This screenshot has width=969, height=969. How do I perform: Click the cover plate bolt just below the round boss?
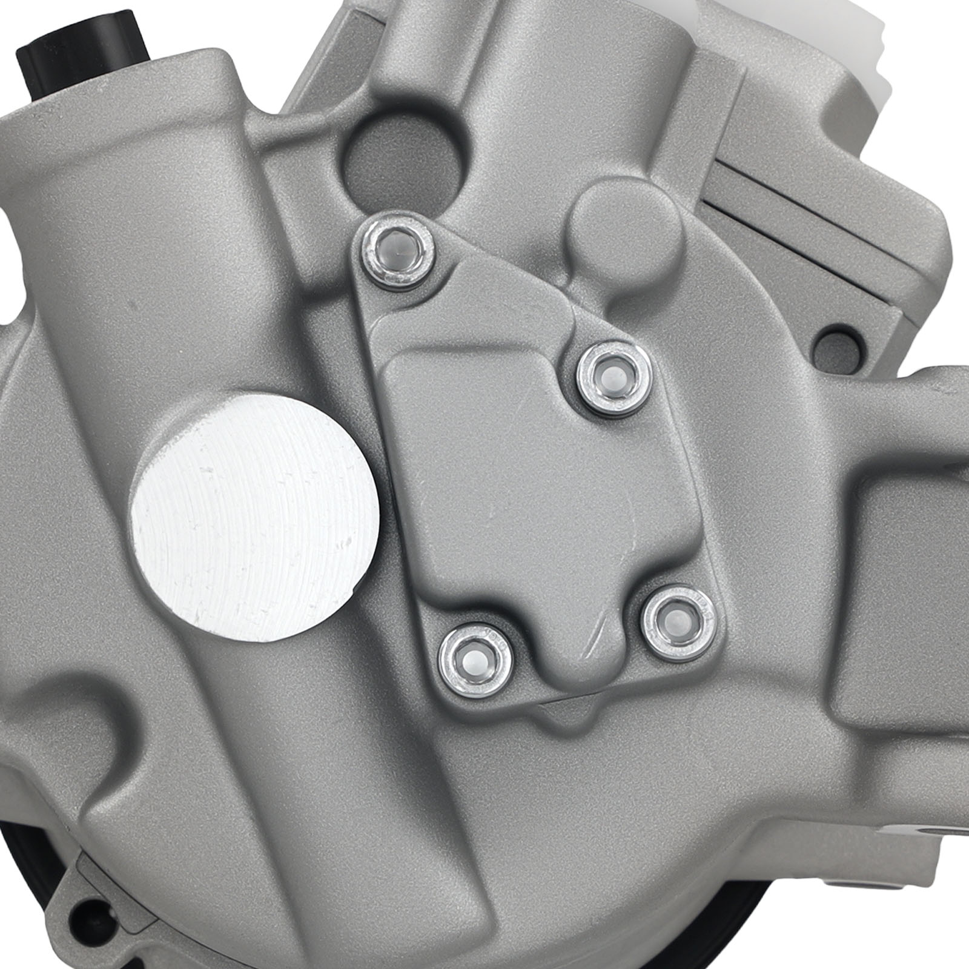click(612, 377)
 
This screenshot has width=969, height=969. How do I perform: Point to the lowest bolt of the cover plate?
click(478, 661)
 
